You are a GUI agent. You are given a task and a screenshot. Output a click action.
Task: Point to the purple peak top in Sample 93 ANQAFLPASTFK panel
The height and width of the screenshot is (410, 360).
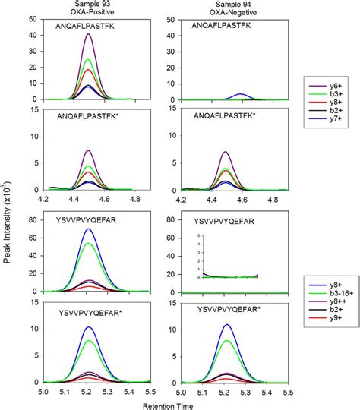[x=90, y=34]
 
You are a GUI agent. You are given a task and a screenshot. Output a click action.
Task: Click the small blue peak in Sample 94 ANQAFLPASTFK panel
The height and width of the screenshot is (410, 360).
[x=241, y=94]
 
